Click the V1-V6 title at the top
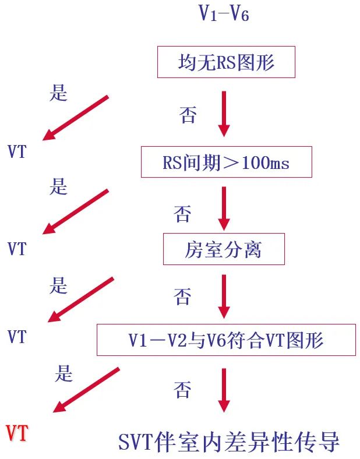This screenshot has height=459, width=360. [x=224, y=13]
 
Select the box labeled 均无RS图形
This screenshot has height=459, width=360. [x=226, y=62]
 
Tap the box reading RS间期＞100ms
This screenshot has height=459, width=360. [x=226, y=163]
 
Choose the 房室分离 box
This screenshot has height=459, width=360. [x=224, y=249]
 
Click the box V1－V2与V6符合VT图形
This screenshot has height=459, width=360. [x=226, y=340]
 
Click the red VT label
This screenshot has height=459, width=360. [x=17, y=434]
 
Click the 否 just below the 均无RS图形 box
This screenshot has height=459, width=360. [x=188, y=115]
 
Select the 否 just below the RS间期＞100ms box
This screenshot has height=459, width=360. [x=182, y=214]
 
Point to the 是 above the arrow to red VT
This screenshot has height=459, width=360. [x=63, y=373]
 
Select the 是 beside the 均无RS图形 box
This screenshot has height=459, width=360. [x=58, y=93]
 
